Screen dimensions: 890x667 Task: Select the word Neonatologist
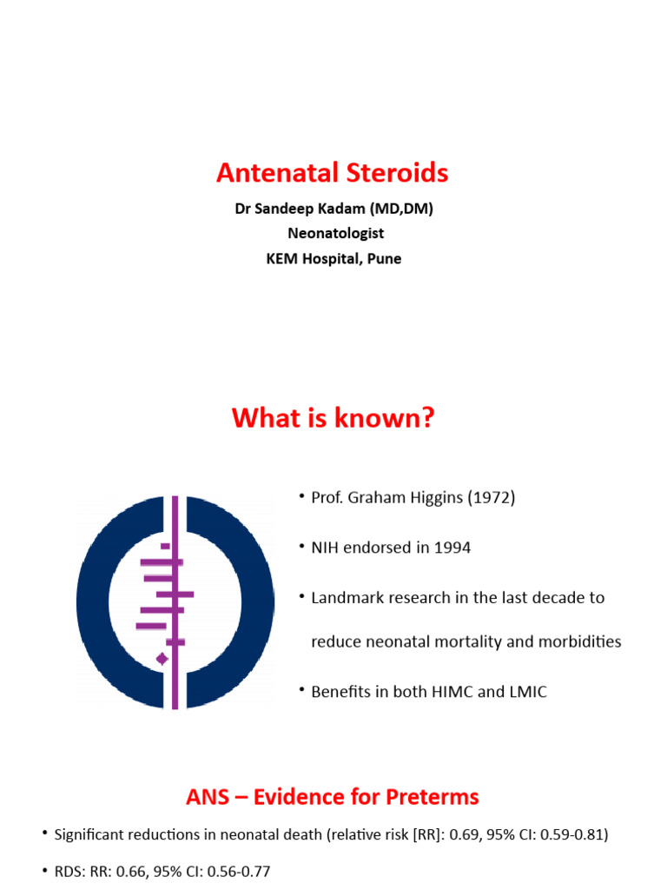click(x=335, y=233)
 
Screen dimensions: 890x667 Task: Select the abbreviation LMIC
click(x=527, y=693)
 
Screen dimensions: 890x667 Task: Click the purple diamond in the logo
click(x=162, y=659)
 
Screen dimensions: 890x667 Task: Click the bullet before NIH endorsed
click(x=301, y=547)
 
